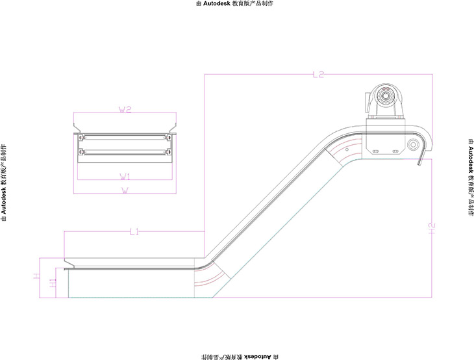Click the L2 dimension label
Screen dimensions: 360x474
(x=318, y=75)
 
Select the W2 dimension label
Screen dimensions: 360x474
(x=125, y=110)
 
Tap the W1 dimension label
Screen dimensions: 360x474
(x=125, y=176)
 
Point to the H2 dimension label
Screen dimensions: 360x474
(x=431, y=227)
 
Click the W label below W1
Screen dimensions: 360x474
(x=125, y=190)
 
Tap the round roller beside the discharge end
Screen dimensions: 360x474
(x=412, y=144)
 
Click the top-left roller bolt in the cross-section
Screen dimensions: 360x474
(x=81, y=138)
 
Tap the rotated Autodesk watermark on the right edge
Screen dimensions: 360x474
(x=469, y=176)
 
